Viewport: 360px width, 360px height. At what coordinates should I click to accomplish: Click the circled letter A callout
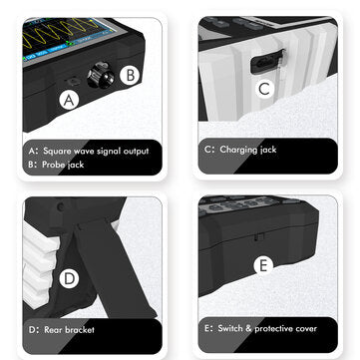pyautogui.click(x=69, y=100)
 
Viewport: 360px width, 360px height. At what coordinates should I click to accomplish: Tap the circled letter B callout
pyautogui.click(x=131, y=75)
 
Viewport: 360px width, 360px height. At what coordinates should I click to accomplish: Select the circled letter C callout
pyautogui.click(x=264, y=89)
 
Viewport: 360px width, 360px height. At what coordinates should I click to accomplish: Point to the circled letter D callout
pyautogui.click(x=69, y=278)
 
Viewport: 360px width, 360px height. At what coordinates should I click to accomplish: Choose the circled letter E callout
pyautogui.click(x=263, y=265)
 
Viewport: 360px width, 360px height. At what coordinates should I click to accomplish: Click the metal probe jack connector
pyautogui.click(x=100, y=75)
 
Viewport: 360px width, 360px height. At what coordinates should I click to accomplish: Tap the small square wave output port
pyautogui.click(x=73, y=81)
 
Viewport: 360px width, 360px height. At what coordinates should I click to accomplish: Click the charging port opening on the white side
pyautogui.click(x=267, y=62)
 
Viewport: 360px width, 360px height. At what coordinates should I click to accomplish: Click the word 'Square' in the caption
pyautogui.click(x=57, y=152)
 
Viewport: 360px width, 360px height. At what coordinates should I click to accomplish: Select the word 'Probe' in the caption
pyautogui.click(x=53, y=165)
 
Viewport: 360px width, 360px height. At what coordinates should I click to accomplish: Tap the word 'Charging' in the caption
pyautogui.click(x=238, y=150)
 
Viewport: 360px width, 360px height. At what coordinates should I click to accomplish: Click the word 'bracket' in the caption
pyautogui.click(x=80, y=330)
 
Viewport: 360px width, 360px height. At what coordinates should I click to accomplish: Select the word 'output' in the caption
pyautogui.click(x=136, y=152)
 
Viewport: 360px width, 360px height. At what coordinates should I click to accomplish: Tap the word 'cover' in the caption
pyautogui.click(x=308, y=329)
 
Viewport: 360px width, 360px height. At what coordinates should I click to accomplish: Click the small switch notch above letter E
pyautogui.click(x=259, y=237)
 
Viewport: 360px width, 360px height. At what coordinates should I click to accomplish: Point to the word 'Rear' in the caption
pyautogui.click(x=53, y=330)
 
